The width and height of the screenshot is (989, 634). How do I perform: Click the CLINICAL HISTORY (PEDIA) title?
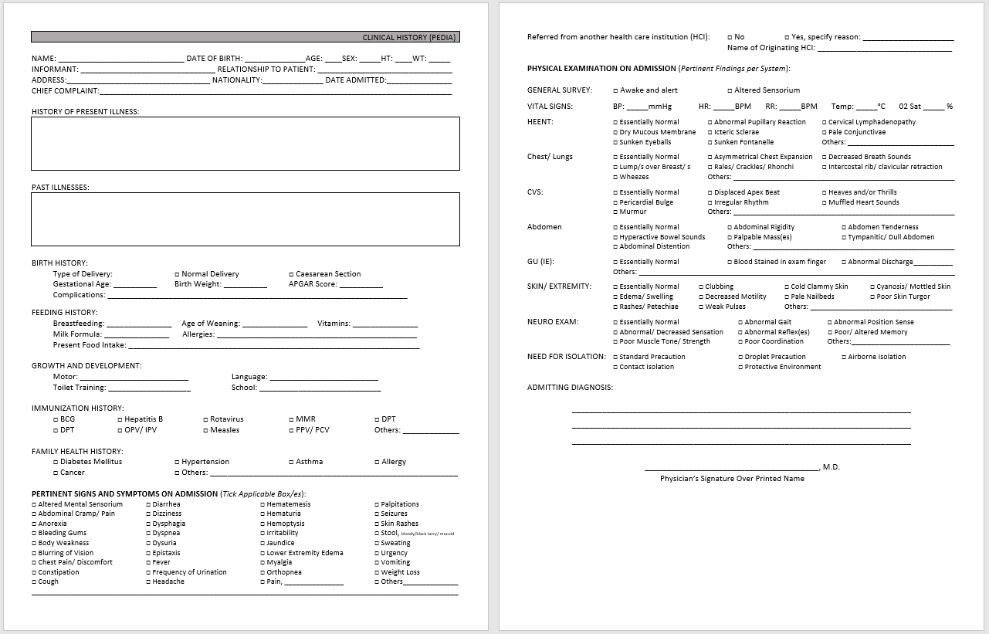tap(409, 37)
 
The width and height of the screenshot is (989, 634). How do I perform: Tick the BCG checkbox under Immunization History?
tap(56, 420)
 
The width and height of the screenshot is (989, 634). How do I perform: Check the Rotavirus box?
tap(205, 420)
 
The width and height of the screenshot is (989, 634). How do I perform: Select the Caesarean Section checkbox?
tap(291, 274)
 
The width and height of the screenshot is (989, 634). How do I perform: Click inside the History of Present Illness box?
tap(246, 143)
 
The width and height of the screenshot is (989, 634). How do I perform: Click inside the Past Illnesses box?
tap(246, 219)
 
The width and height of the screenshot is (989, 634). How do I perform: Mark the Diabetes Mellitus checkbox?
tap(56, 462)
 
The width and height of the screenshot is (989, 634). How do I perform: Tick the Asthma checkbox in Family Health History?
tap(291, 462)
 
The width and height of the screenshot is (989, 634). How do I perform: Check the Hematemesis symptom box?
tap(262, 504)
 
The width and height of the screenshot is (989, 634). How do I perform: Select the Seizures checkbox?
tap(377, 514)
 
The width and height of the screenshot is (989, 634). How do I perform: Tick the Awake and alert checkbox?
tap(615, 90)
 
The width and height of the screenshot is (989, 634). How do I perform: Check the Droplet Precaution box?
tap(740, 358)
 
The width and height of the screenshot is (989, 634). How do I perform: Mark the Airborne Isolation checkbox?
tap(844, 358)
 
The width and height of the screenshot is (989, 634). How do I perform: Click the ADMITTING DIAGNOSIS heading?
tap(570, 388)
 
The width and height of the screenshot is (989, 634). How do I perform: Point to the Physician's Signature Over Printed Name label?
tap(732, 479)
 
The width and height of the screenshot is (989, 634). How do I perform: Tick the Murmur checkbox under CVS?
tap(615, 212)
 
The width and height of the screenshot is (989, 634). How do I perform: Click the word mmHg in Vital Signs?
tap(660, 107)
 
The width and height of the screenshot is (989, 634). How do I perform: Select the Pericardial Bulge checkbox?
tap(615, 202)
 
